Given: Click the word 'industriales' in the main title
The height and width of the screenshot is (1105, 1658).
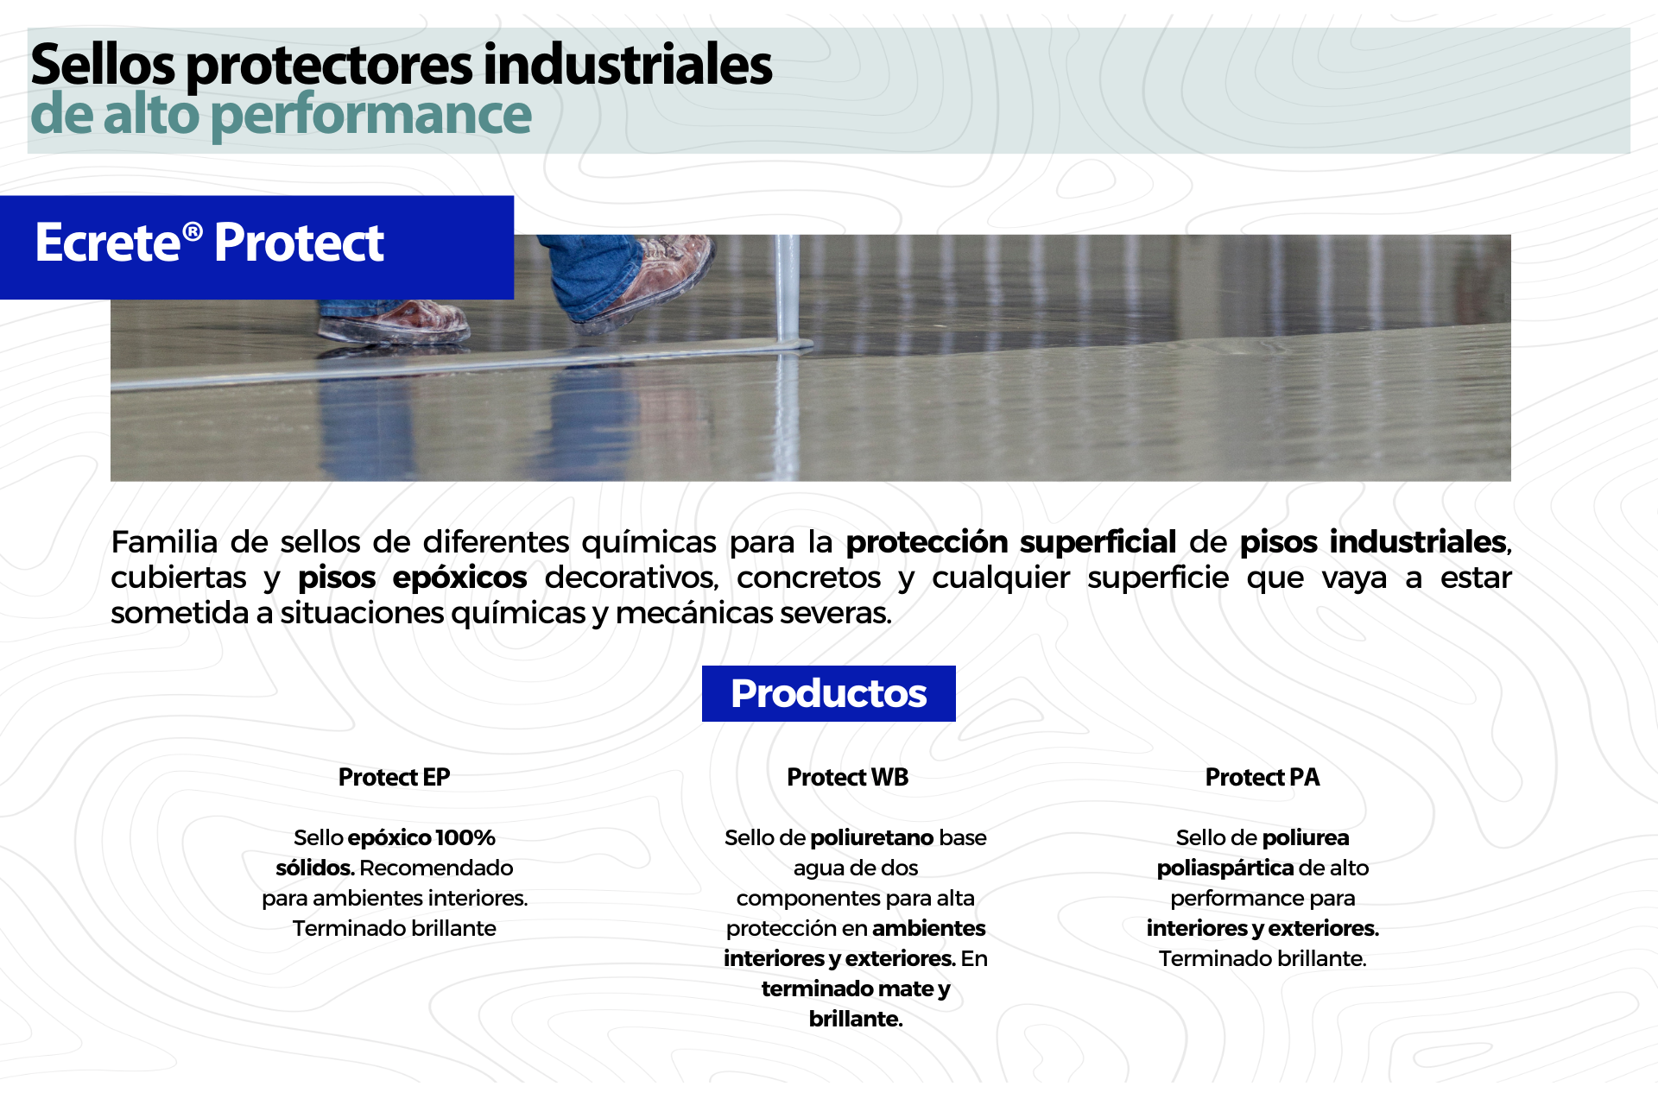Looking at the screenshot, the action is click(x=627, y=65).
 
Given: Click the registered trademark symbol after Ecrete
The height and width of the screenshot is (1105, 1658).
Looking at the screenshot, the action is click(x=193, y=231).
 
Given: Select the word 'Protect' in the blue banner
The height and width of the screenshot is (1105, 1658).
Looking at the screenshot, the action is click(x=299, y=243).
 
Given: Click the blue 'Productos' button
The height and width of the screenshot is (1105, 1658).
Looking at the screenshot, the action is click(x=829, y=693).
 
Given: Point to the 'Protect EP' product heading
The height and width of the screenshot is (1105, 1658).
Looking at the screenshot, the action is click(x=394, y=777).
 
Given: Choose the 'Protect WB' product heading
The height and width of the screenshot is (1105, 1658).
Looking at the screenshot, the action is click(x=848, y=777).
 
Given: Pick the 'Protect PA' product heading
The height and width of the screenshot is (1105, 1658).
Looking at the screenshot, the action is click(x=1262, y=777).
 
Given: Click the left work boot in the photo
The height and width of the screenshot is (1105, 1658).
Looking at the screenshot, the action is click(x=393, y=321).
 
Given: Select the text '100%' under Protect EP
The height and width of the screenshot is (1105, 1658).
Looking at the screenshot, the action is click(x=465, y=837).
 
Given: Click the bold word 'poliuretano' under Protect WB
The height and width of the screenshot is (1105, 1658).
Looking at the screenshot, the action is click(x=872, y=837).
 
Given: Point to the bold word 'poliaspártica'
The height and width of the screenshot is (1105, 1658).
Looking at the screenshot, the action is click(x=1225, y=868).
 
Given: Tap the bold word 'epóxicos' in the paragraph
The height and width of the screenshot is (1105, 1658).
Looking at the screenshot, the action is click(x=459, y=578).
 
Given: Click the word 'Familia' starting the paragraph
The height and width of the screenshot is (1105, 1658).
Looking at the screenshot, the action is click(x=164, y=542).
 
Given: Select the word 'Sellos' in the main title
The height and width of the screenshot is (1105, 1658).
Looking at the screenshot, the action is click(x=103, y=65).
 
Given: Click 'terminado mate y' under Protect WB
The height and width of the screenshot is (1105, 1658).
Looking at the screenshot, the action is click(x=856, y=988).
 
